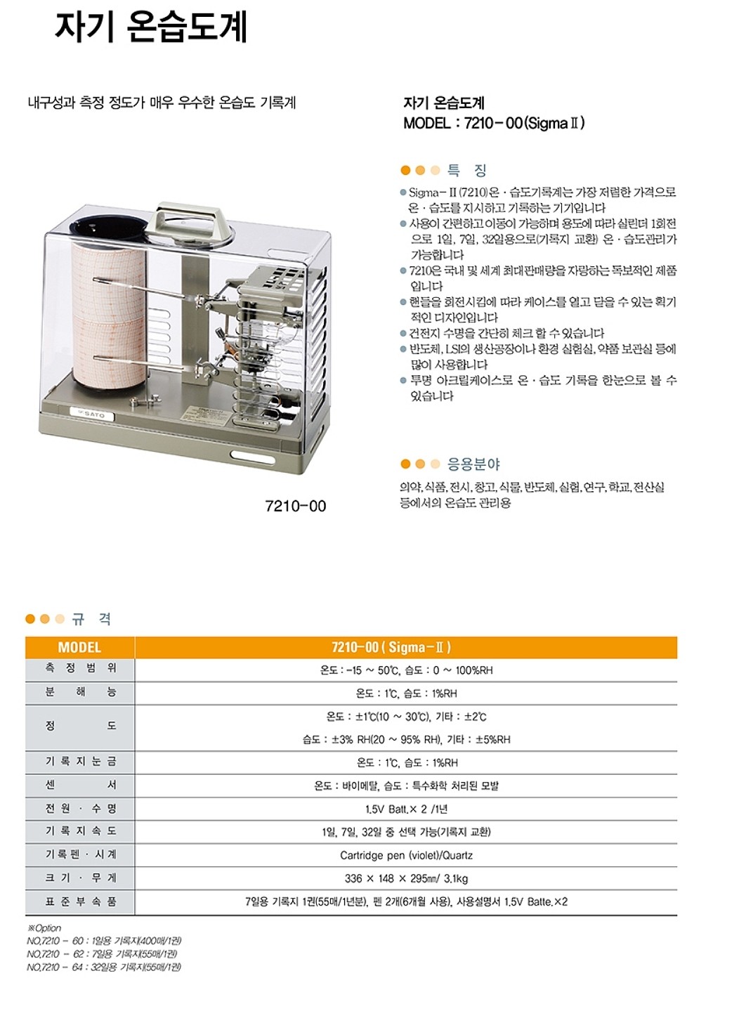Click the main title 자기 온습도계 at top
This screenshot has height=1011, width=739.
point(151,28)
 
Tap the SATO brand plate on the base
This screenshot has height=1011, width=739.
point(92,415)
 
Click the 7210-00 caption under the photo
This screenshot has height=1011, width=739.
point(295,506)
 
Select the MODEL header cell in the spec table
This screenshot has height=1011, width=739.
point(79,647)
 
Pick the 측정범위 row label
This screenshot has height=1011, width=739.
point(80,669)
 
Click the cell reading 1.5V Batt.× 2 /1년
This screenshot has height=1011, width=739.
point(406,809)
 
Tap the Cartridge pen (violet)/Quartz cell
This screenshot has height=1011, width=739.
point(406,855)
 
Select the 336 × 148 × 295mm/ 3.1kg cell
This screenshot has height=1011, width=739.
point(406,878)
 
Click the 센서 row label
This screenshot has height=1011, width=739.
point(80,785)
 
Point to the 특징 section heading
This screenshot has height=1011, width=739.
point(467,170)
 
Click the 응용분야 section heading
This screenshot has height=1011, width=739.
point(473,464)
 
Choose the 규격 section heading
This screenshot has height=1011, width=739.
point(91,619)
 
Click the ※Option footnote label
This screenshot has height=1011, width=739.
point(44,928)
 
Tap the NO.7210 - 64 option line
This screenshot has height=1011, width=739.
point(104,967)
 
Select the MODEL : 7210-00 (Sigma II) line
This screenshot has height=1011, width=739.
point(494,123)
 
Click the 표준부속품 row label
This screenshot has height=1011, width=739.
point(80,901)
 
